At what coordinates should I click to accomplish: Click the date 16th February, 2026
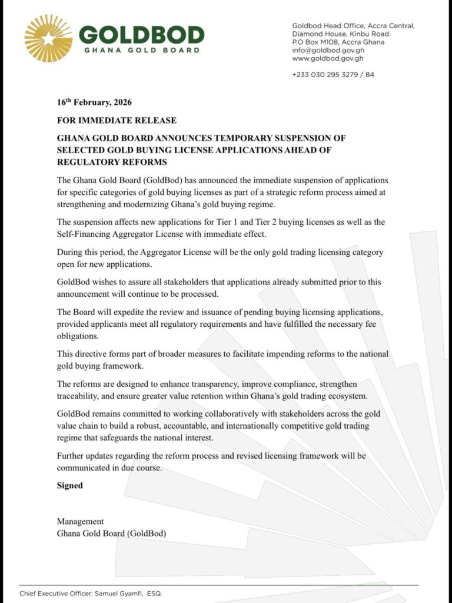(94, 102)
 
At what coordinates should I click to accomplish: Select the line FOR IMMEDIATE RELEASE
(117, 120)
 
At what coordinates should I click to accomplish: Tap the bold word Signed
(70, 486)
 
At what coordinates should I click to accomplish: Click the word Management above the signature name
(80, 521)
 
